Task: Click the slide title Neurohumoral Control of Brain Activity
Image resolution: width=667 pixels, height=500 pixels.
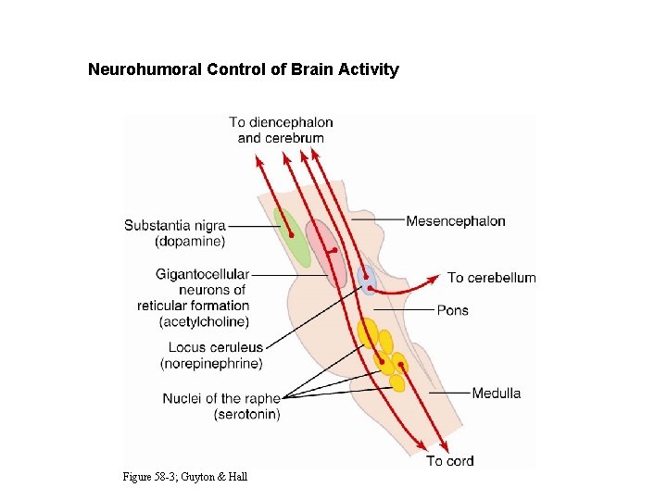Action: (x=243, y=69)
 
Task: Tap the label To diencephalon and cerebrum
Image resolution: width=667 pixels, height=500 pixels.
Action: (x=281, y=130)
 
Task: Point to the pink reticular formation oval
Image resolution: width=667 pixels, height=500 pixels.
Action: (x=325, y=251)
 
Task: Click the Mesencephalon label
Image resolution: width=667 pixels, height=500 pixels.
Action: (x=456, y=221)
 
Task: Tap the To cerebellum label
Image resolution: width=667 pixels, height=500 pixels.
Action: (x=491, y=278)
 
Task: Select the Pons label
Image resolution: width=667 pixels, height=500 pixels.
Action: (x=453, y=310)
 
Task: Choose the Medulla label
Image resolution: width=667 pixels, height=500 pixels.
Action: (x=497, y=394)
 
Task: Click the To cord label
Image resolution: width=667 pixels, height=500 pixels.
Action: (x=450, y=461)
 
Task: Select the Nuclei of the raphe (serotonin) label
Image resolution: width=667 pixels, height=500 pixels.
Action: (x=221, y=406)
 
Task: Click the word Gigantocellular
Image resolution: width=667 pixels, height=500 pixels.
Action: (x=203, y=274)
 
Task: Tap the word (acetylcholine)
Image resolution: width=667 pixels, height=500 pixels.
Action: (x=204, y=321)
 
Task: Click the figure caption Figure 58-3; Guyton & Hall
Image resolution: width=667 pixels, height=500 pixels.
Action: (x=184, y=476)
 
